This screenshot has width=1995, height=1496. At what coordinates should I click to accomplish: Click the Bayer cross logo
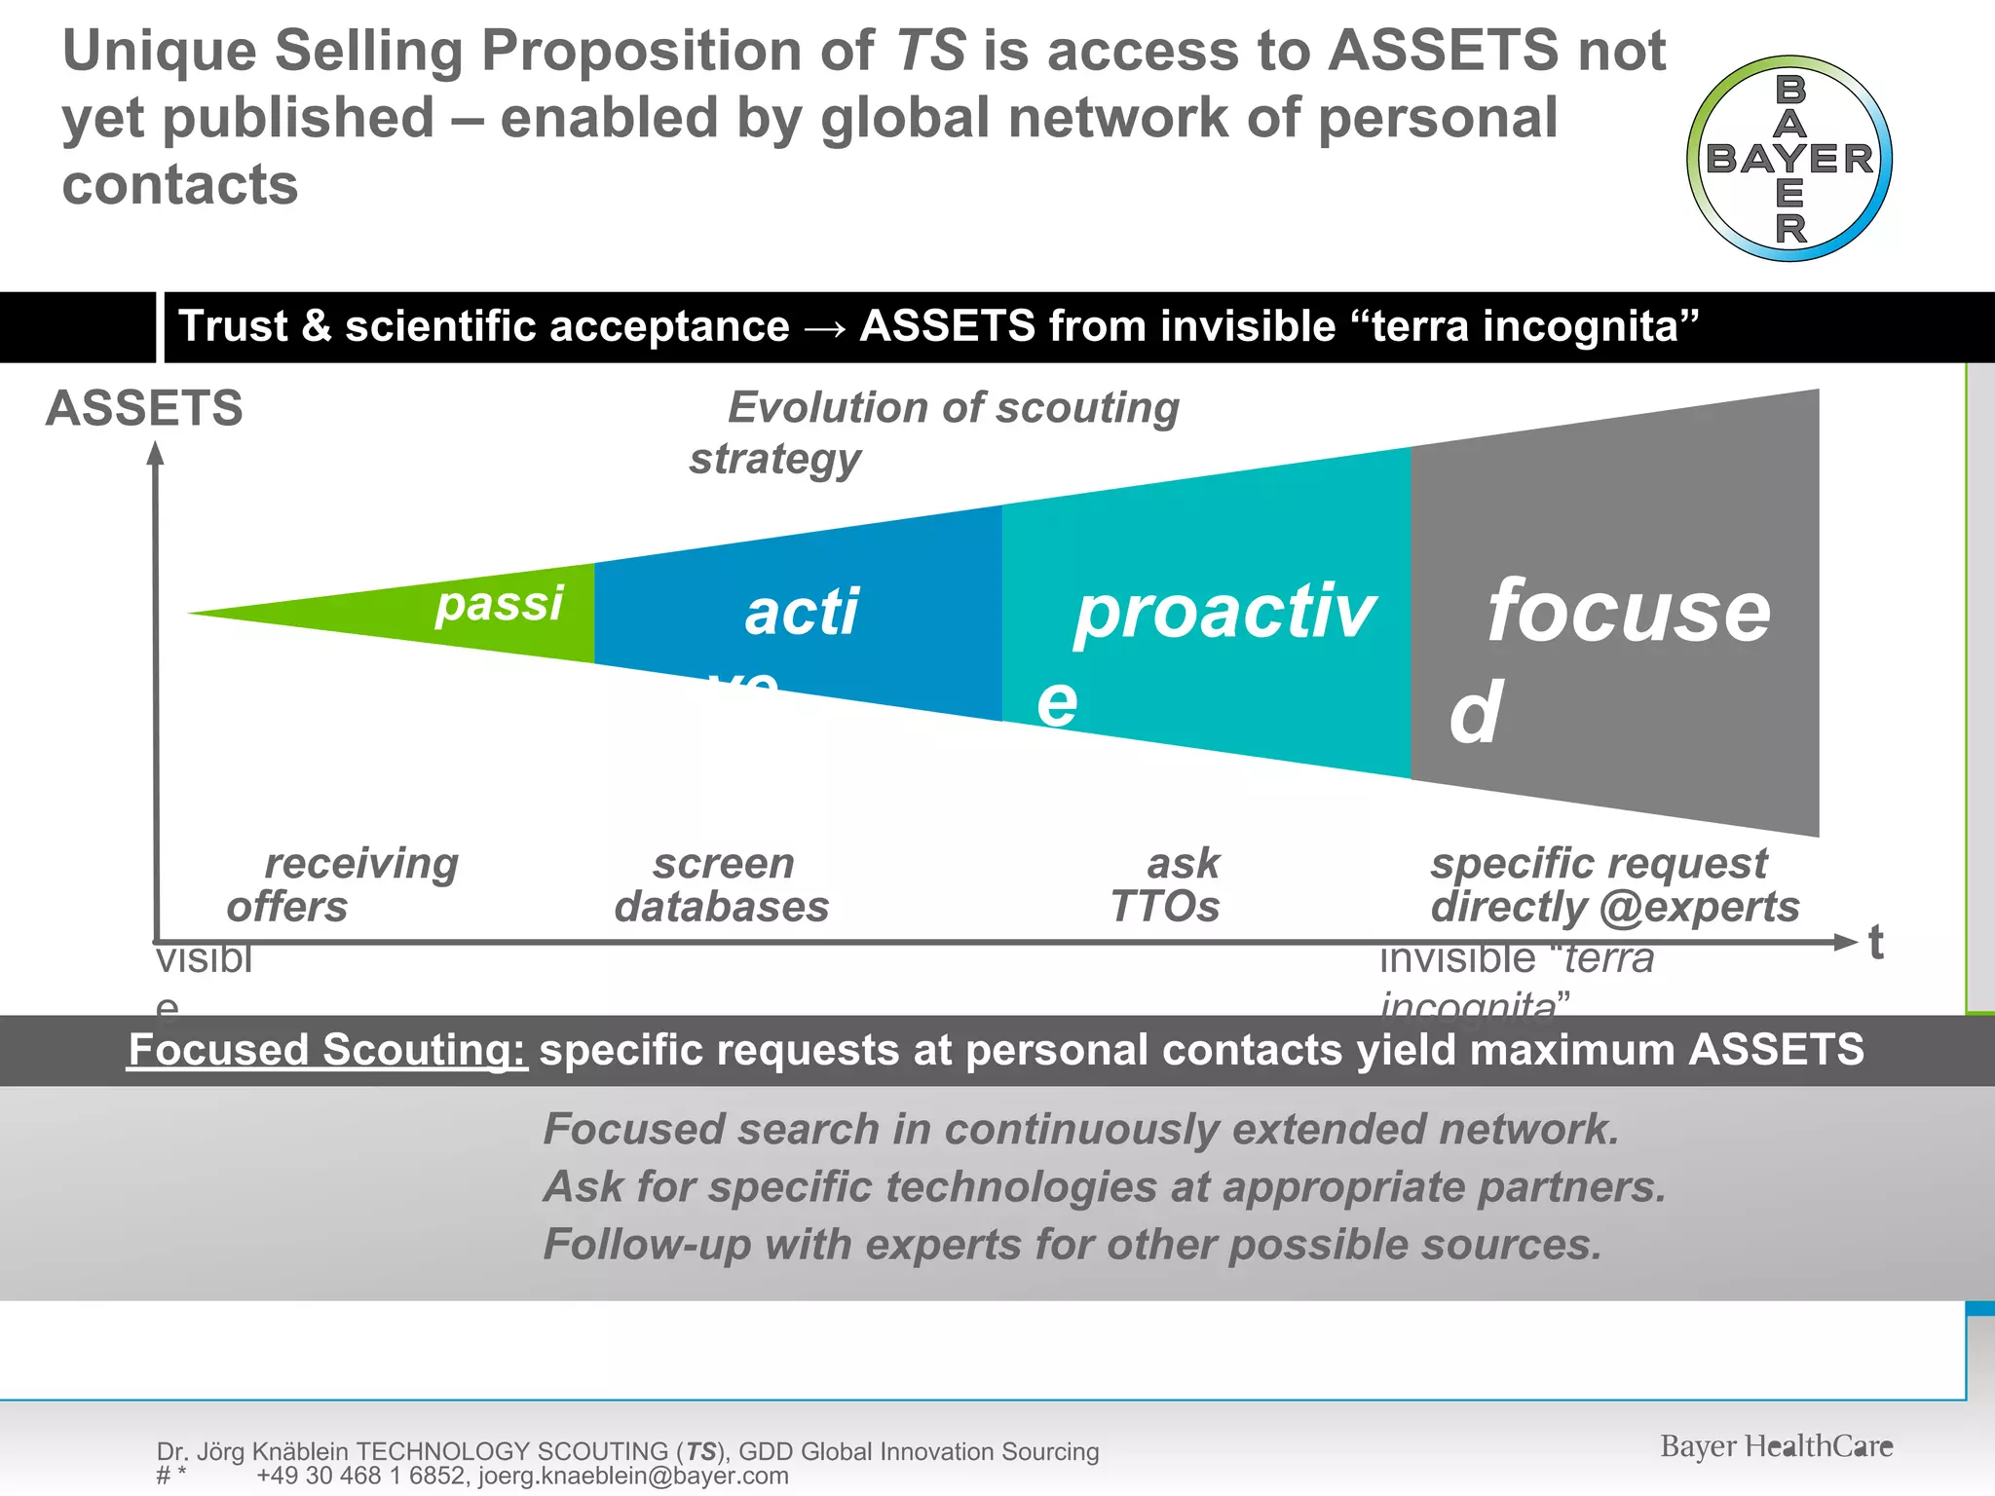1789,159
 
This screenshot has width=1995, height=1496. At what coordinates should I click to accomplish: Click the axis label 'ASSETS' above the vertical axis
144,408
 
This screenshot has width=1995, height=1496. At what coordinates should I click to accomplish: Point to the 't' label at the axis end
1876,943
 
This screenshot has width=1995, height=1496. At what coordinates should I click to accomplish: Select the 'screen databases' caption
723,884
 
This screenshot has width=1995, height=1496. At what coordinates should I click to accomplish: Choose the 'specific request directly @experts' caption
1614,884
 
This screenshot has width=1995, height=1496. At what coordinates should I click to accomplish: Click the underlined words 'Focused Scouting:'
327,1050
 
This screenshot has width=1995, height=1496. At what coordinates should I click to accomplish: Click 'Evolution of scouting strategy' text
935,431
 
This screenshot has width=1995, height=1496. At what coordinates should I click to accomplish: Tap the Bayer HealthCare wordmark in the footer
1776,1446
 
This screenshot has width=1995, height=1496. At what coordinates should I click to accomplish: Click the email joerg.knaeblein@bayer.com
633,1476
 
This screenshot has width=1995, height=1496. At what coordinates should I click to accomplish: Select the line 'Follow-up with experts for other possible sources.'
1073,1245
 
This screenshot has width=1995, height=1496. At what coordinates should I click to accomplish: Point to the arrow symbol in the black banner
825,327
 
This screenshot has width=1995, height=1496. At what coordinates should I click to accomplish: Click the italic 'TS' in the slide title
929,51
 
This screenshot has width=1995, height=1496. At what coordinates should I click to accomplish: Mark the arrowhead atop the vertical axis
155,453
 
